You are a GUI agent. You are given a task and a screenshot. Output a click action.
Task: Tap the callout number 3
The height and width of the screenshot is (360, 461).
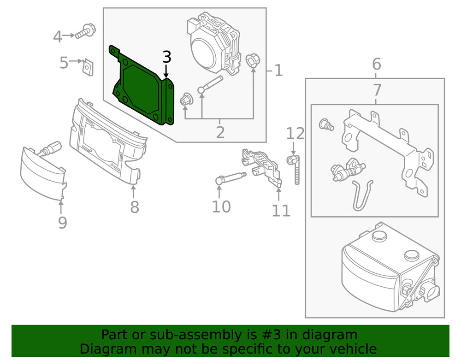[x=166, y=57]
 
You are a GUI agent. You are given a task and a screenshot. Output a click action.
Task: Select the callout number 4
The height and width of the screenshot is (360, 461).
[x=57, y=36]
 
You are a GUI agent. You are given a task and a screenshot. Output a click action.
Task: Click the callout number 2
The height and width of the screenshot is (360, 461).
[x=220, y=132]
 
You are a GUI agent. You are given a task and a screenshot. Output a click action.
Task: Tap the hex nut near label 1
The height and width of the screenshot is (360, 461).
[x=252, y=60]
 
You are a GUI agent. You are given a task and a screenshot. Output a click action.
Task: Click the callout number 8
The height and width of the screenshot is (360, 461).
[x=134, y=207]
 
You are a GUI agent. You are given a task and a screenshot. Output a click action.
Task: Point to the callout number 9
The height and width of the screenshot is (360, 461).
[x=62, y=223]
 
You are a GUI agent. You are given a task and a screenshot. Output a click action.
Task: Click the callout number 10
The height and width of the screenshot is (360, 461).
[x=221, y=207]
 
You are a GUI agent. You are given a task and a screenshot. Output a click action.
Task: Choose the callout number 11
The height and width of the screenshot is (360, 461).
[x=281, y=210]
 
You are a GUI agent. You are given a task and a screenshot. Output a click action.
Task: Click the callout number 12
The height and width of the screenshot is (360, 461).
[x=296, y=134]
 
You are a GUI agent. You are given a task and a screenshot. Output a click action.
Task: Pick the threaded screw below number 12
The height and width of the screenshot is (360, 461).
[x=295, y=171]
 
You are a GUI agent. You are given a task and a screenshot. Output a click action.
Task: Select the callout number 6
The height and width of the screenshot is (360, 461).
[x=376, y=64]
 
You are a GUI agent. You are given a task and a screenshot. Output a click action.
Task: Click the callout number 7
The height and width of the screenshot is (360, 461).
[x=376, y=89]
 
